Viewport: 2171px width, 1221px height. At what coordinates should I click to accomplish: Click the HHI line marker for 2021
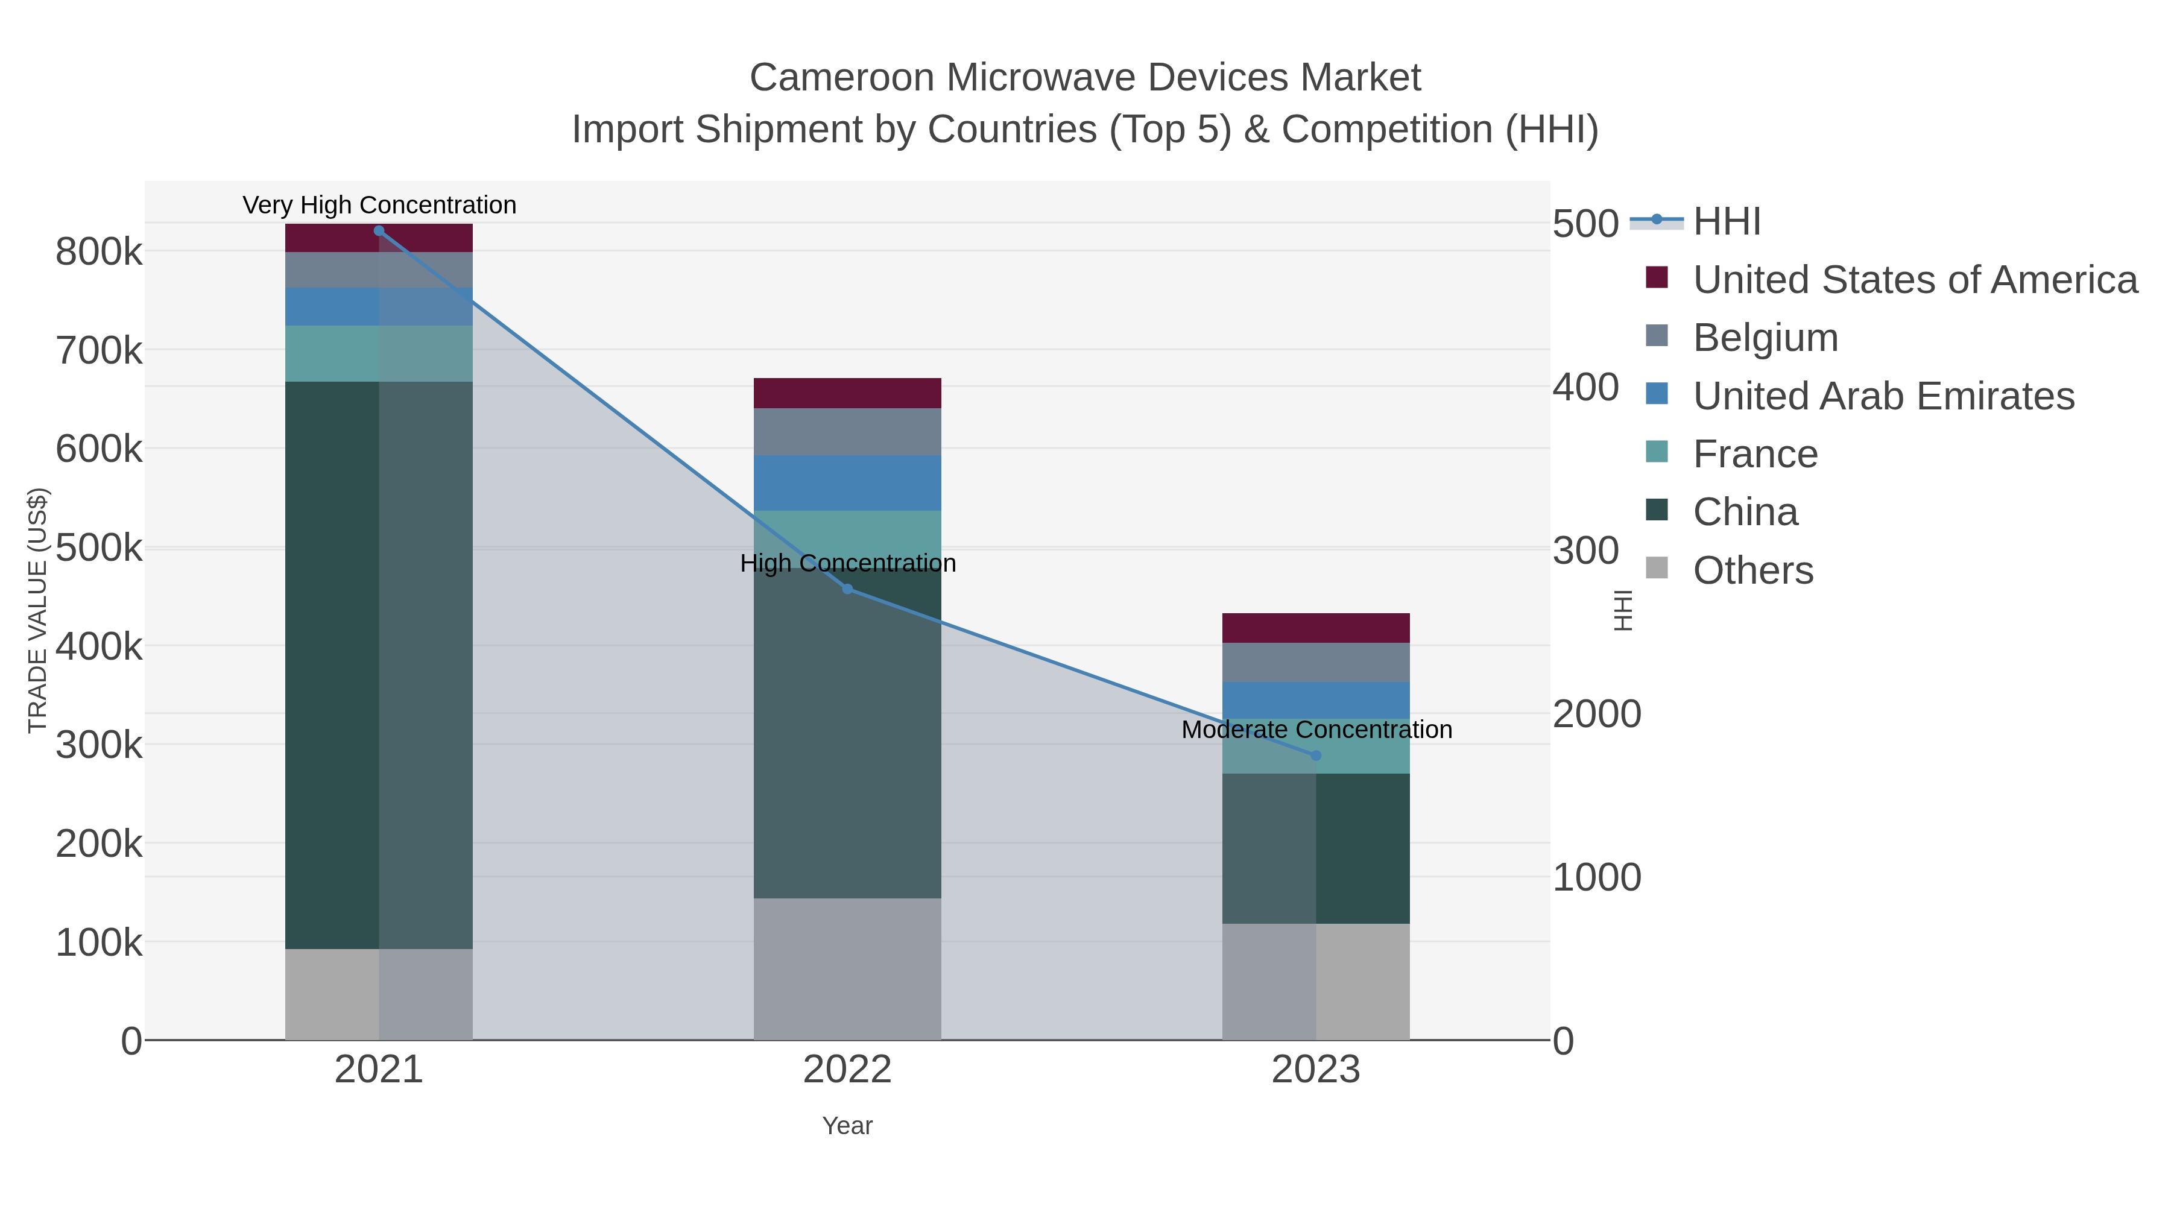click(378, 231)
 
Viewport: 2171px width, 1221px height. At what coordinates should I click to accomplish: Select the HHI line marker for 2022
click(848, 589)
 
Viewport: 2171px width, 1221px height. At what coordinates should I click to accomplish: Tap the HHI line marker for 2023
click(1316, 755)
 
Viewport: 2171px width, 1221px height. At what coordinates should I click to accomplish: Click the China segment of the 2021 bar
click(378, 666)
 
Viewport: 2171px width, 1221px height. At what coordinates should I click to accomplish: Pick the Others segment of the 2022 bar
click(847, 969)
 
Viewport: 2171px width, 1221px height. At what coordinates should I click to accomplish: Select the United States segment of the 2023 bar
click(1316, 628)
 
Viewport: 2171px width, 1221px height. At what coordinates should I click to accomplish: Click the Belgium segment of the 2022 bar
click(847, 432)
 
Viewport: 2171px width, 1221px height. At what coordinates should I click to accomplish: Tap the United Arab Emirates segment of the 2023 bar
click(1316, 699)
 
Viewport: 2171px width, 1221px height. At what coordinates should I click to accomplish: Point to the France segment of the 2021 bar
click(378, 353)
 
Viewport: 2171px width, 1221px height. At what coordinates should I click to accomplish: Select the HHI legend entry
click(1726, 222)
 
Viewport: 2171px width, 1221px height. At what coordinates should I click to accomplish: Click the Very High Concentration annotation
click(379, 205)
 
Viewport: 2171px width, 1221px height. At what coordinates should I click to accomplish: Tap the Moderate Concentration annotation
click(1316, 729)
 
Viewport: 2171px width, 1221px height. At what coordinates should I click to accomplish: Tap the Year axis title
click(847, 1126)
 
